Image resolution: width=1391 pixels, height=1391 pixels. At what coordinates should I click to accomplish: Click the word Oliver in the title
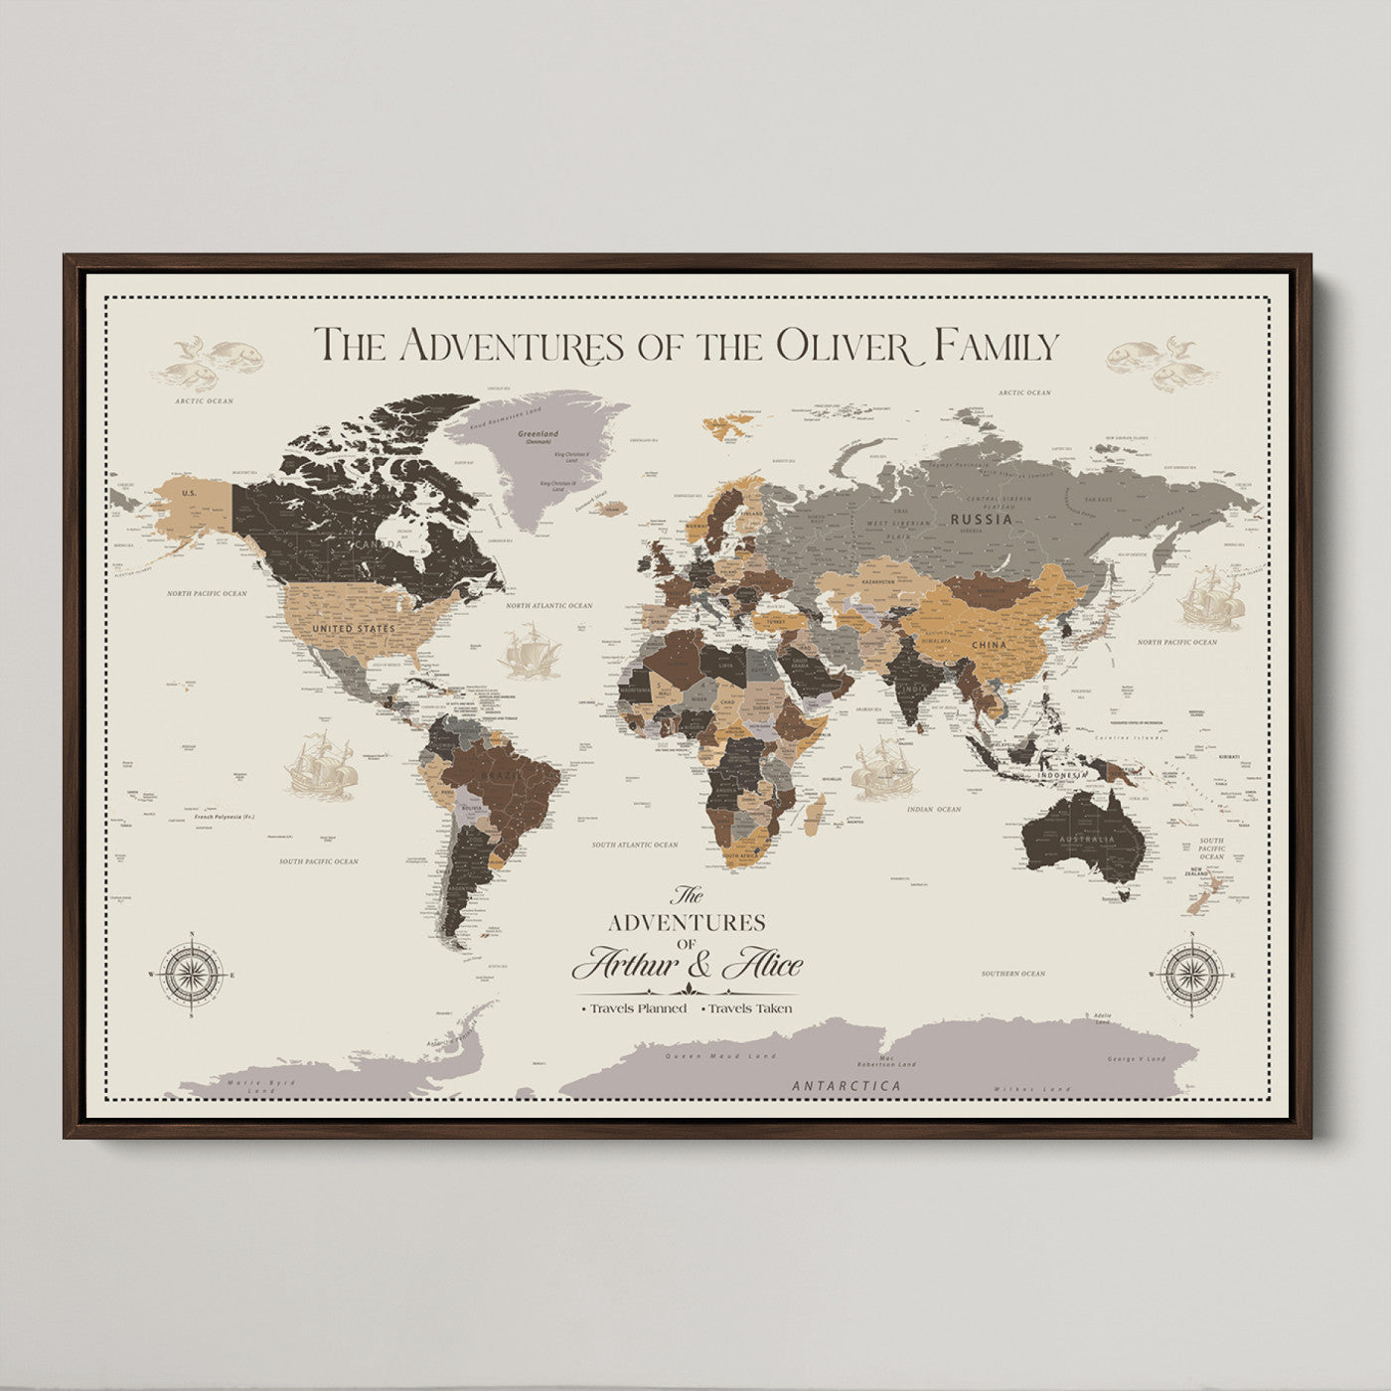click(843, 346)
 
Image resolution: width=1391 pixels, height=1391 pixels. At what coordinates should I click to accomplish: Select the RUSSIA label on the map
click(981, 519)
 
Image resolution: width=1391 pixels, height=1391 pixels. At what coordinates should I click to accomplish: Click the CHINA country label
click(989, 645)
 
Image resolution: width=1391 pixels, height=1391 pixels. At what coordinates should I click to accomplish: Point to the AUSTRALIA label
click(1087, 840)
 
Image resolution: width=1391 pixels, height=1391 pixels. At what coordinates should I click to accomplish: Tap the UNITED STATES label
click(353, 629)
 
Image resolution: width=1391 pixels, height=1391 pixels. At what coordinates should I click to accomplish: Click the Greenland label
click(538, 434)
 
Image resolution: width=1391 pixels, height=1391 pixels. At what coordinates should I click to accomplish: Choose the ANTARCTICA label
click(847, 1086)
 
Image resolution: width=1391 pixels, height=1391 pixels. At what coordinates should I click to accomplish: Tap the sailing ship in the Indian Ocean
click(883, 768)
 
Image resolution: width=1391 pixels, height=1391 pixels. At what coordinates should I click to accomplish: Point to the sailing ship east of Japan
click(1211, 598)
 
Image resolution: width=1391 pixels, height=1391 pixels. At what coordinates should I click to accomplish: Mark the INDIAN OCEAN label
click(933, 809)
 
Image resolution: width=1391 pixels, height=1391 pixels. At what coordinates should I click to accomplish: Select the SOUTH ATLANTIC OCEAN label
click(635, 845)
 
